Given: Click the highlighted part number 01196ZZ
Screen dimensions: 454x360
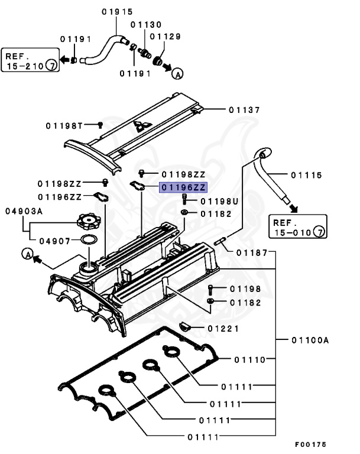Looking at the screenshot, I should [182, 187].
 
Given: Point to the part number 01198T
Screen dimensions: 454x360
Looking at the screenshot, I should [66, 125].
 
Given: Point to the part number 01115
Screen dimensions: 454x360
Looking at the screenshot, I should [306, 175].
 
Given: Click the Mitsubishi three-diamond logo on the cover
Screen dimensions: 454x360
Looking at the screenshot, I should [140, 126].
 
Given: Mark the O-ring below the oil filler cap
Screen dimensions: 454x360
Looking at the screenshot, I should [89, 240].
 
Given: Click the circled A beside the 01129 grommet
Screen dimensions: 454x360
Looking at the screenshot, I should [177, 73].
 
